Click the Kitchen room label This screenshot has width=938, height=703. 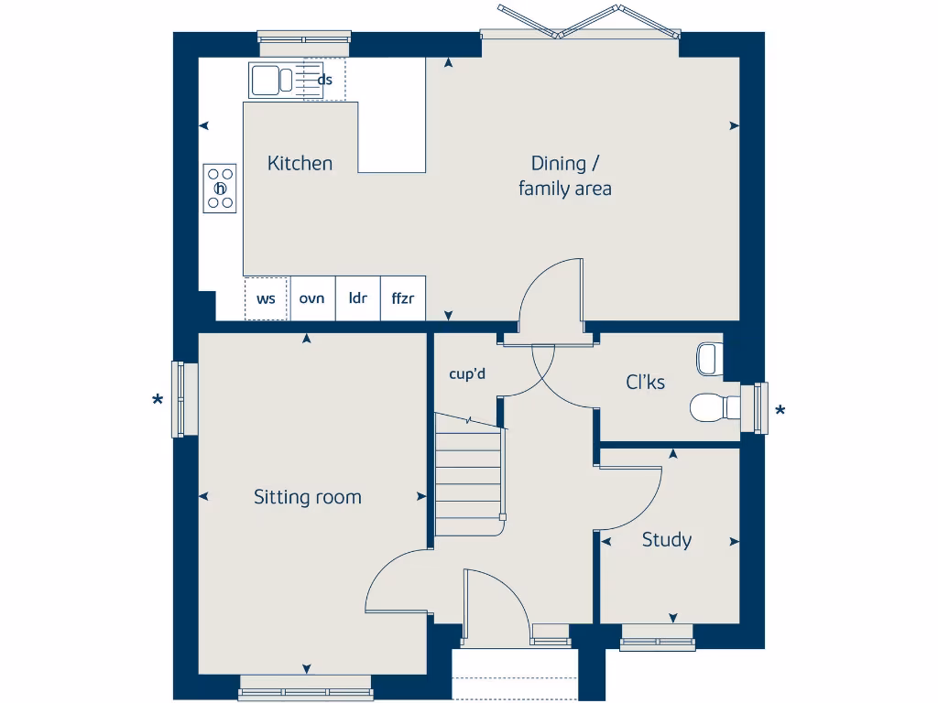300,164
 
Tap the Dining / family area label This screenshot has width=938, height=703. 564,176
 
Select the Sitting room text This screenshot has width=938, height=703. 307,497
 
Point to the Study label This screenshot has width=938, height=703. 666,540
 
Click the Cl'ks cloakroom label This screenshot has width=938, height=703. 645,383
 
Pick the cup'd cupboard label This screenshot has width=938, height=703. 466,373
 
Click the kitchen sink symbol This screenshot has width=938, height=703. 271,80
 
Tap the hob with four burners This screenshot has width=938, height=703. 220,188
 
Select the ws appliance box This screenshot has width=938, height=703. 266,298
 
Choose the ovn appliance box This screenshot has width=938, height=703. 312,298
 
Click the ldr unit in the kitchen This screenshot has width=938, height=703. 357,298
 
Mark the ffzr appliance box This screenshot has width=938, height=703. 403,298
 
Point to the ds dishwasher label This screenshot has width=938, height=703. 324,80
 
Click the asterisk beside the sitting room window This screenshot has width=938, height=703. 158,401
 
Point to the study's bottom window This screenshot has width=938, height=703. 657,643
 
